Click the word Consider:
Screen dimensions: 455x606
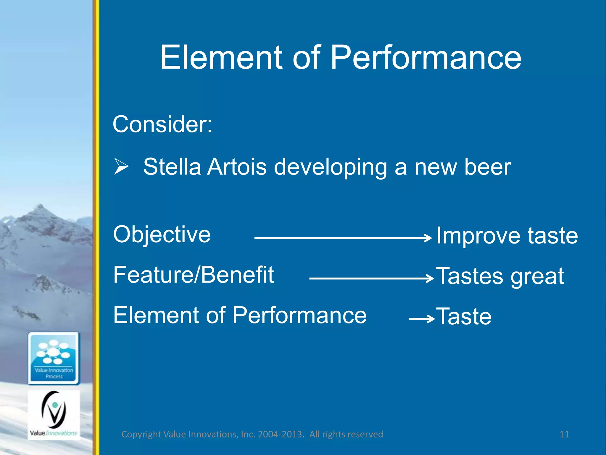(162, 124)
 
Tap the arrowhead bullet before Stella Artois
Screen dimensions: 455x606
(121, 166)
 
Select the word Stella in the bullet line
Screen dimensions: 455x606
(172, 167)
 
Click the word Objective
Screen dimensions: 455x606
(162, 235)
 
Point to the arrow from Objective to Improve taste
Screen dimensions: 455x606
(340, 238)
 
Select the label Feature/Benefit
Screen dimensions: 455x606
(194, 275)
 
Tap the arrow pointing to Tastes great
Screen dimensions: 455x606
(370, 278)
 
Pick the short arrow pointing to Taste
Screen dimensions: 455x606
(421, 319)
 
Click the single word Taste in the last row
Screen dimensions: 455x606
(464, 317)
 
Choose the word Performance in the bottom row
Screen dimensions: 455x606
(299, 315)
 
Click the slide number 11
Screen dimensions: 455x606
(564, 434)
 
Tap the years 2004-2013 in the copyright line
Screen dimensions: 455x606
(281, 434)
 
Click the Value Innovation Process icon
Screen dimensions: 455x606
(54, 358)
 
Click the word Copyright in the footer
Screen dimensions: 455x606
(141, 434)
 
